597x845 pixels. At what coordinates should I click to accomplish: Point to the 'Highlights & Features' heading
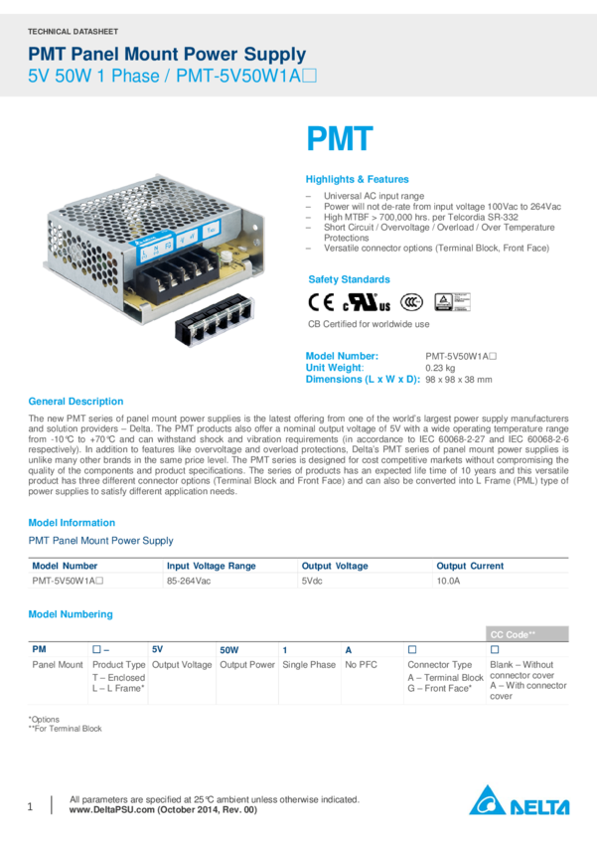tap(357, 180)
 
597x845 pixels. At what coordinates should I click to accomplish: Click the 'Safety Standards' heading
tap(349, 279)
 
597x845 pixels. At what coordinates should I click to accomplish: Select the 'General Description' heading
tap(75, 402)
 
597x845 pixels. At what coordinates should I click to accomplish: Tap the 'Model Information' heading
tap(72, 522)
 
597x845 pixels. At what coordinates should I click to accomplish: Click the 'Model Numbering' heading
tap(71, 614)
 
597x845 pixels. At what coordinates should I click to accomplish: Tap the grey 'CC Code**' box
tap(527, 633)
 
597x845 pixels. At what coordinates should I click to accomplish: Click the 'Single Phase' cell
tap(309, 662)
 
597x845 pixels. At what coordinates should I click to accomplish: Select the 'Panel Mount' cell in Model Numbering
tap(57, 662)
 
